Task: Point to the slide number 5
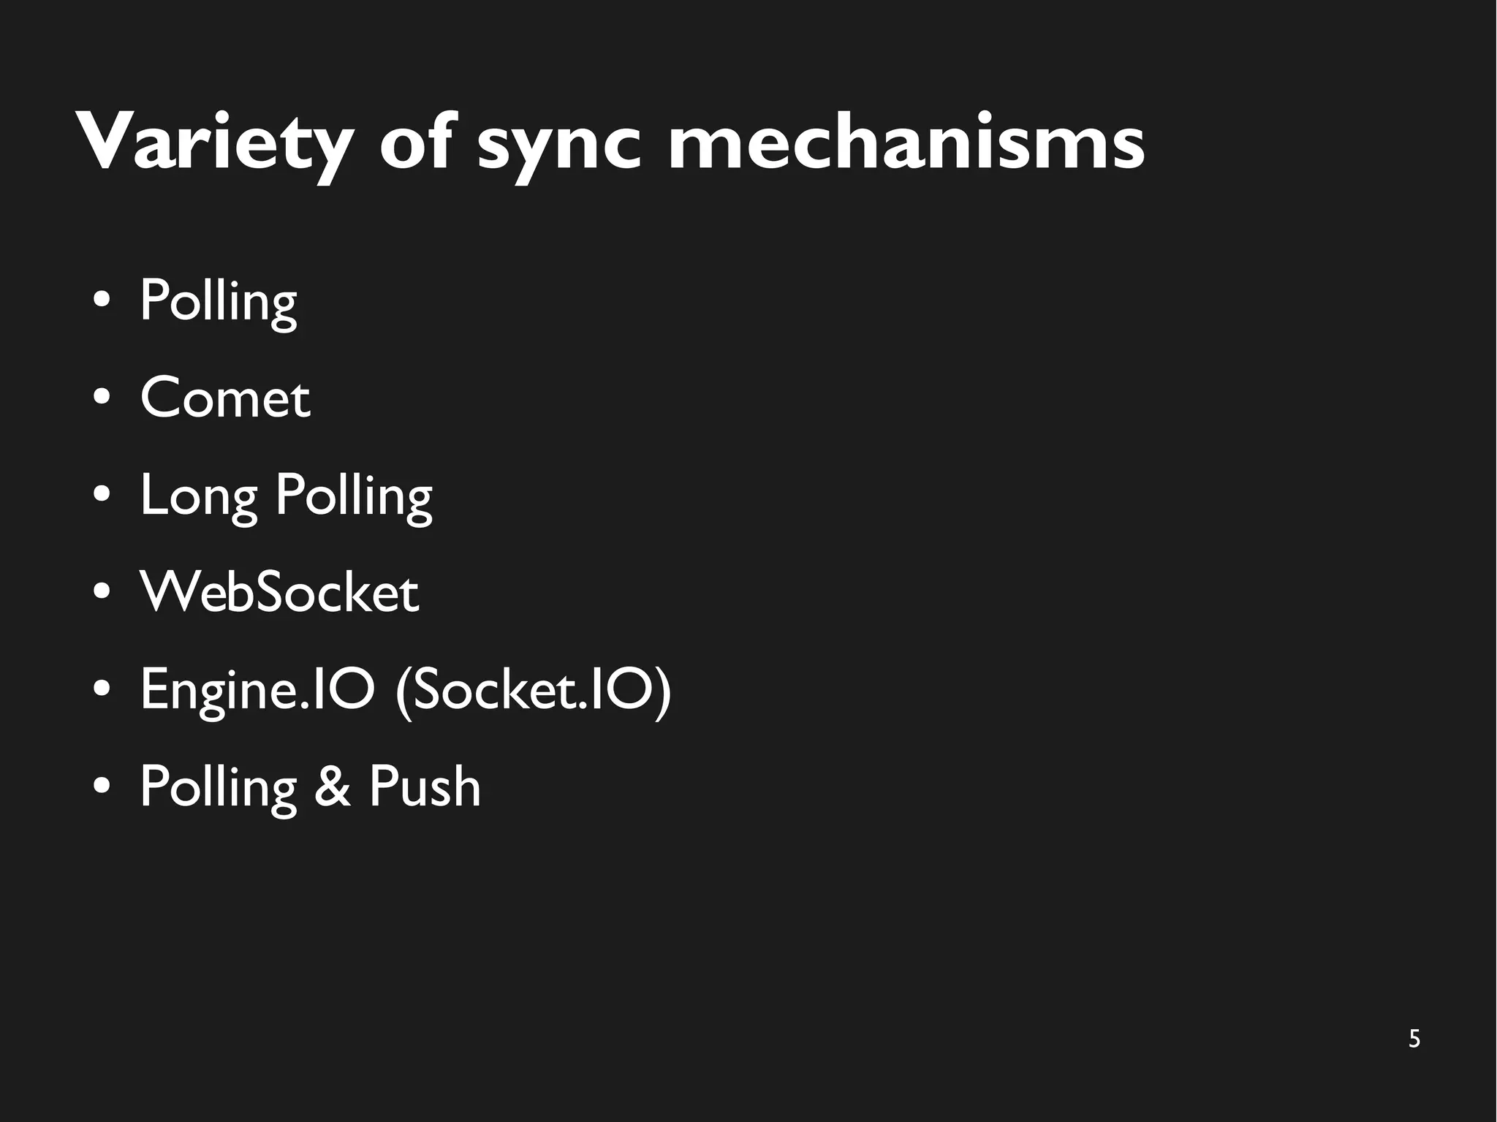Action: [1414, 1039]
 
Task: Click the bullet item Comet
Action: [225, 398]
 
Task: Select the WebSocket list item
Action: [280, 592]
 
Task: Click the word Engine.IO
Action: [257, 689]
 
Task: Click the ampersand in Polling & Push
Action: [333, 786]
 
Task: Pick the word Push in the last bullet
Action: [425, 786]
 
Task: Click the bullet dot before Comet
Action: [102, 398]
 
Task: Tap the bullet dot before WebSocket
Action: [102, 592]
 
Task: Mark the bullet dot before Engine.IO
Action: [102, 689]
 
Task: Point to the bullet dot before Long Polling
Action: [102, 495]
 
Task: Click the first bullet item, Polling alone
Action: [218, 301]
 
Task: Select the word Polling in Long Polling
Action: [354, 497]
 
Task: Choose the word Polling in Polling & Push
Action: [218, 788]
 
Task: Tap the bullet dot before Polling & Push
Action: [102, 786]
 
